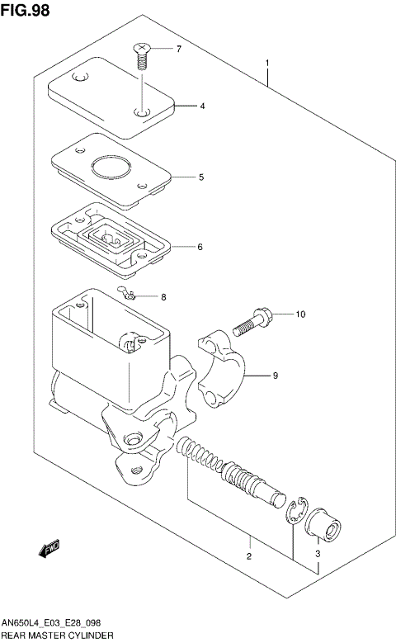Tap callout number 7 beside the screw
tap(178, 50)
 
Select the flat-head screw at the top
tap(142, 56)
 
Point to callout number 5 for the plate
tap(200, 177)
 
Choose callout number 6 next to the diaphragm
tap(199, 247)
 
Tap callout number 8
tap(163, 297)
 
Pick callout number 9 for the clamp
tap(276, 376)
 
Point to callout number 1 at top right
tap(266, 63)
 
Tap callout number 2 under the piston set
tap(248, 556)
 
